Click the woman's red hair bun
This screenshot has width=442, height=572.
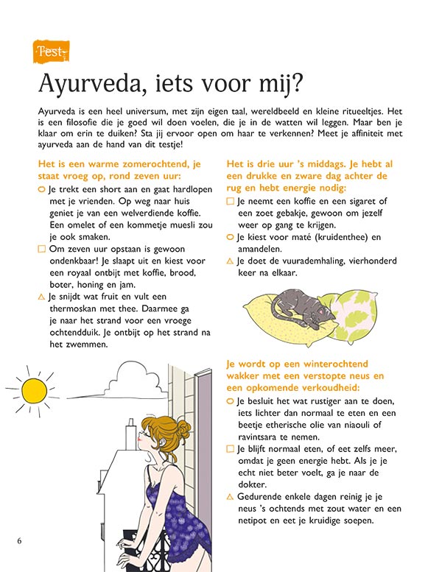[x=180, y=429]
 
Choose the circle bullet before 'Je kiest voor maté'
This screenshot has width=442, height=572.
[x=231, y=238]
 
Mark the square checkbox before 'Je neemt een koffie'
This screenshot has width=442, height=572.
[x=231, y=201]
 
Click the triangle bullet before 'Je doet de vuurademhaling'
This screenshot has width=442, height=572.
[x=231, y=261]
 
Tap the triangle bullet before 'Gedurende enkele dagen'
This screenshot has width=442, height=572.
[x=231, y=497]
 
